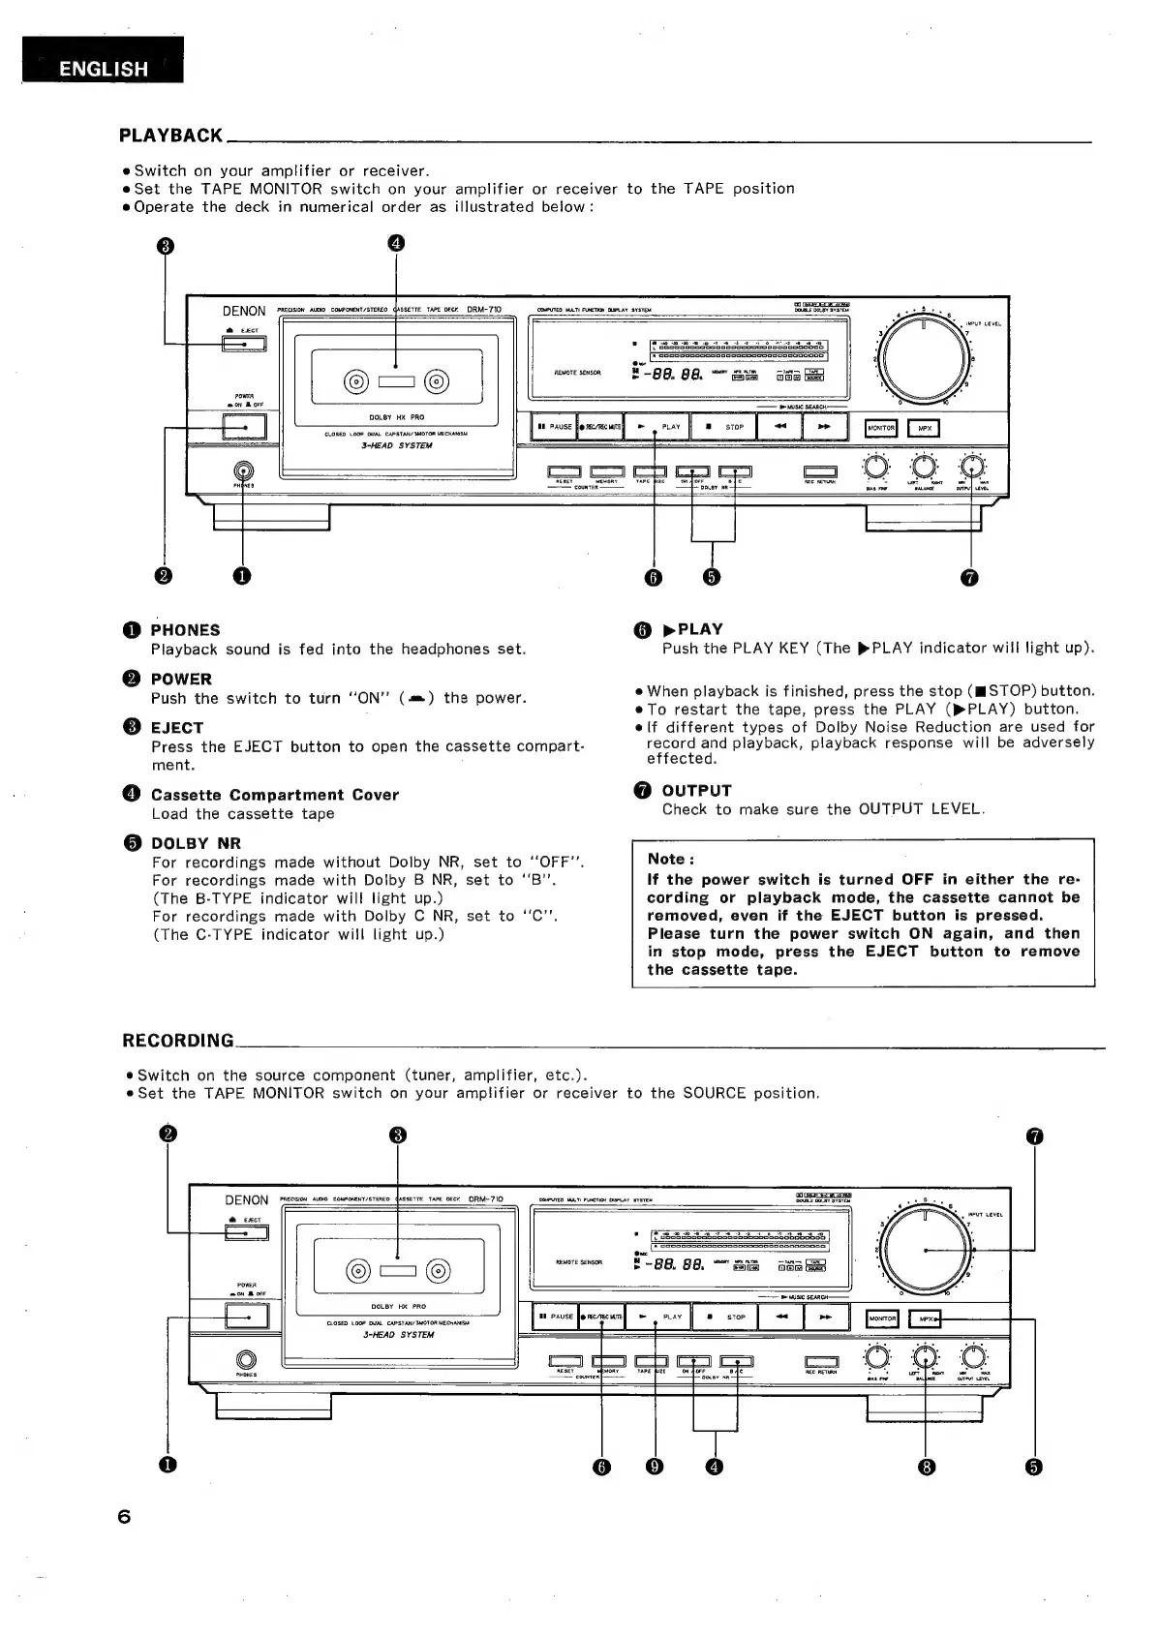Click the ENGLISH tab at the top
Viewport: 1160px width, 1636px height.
(x=103, y=68)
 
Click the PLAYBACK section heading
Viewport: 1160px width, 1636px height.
(x=170, y=136)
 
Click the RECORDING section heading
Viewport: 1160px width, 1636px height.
(x=178, y=1041)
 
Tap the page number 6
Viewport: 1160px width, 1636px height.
(x=123, y=1517)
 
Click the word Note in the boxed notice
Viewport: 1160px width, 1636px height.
(x=669, y=859)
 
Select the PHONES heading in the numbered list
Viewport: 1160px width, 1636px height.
(x=185, y=630)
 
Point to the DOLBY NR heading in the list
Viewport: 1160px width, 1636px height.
(x=197, y=843)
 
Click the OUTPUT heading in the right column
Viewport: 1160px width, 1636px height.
(x=696, y=791)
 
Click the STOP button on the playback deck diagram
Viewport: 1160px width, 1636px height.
(x=727, y=427)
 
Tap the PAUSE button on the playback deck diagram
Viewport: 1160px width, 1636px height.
(x=554, y=427)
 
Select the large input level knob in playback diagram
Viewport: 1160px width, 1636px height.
(x=925, y=357)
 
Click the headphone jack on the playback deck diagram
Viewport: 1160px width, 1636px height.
(x=242, y=471)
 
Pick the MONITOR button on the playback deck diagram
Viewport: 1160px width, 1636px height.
(x=881, y=428)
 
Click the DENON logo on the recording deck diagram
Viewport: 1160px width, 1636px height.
(x=246, y=1200)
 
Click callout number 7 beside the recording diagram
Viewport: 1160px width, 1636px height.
(x=1034, y=1136)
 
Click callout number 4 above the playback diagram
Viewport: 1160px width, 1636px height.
(x=396, y=242)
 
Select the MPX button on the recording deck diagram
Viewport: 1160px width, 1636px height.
(x=927, y=1318)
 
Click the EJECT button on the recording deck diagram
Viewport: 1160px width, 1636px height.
(x=246, y=1232)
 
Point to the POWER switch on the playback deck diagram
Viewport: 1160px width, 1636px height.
(x=244, y=426)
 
